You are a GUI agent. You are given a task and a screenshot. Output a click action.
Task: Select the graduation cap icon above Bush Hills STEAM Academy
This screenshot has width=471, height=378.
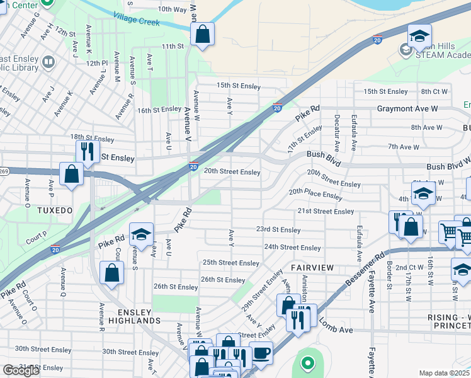coord(419,36)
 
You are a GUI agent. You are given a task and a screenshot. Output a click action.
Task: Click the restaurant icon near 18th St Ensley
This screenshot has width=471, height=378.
coord(87,151)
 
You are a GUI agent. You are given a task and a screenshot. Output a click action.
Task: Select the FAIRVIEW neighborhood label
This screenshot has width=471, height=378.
coord(312,268)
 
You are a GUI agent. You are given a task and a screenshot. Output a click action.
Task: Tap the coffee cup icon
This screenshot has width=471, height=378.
coord(260,353)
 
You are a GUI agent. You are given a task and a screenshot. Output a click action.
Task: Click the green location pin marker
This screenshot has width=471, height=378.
coord(307,363)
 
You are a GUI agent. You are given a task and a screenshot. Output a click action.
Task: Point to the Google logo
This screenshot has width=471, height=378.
coord(21,370)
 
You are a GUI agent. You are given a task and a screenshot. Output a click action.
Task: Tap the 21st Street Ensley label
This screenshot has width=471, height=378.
coord(326,211)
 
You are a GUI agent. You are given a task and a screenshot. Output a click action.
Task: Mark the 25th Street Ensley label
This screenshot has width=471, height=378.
coord(231,263)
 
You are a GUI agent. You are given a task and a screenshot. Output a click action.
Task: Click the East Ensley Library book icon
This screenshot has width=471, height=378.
coord(48,62)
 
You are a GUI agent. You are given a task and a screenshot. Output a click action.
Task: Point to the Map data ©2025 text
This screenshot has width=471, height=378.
coord(445,373)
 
